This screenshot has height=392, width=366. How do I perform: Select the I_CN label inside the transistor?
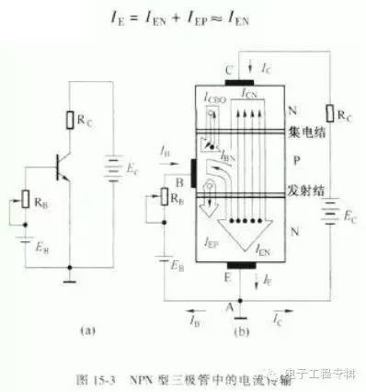click(x=248, y=95)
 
